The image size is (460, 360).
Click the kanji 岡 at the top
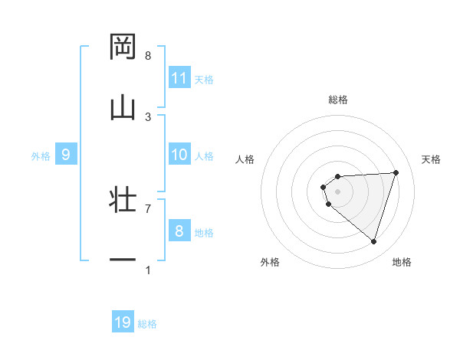[123, 47]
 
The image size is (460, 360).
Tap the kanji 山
[123, 107]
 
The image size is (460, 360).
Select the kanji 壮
[123, 200]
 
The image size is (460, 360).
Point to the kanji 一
[123, 260]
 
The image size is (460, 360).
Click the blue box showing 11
[179, 78]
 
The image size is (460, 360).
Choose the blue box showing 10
[179, 155]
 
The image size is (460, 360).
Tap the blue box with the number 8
[179, 231]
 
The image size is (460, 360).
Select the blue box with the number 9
[66, 155]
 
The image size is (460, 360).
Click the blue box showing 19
[123, 322]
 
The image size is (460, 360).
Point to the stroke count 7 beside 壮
[148, 208]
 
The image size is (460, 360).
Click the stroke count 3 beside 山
[148, 116]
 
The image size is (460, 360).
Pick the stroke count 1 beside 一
[148, 270]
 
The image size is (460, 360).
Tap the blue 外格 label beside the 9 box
[41, 155]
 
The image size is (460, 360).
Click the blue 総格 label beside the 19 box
[147, 323]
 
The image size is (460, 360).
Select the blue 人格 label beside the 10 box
[204, 155]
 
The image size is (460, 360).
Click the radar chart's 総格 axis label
[337, 100]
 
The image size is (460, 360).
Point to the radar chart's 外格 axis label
[270, 262]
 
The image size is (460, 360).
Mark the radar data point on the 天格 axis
[396, 172]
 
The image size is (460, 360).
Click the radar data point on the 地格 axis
[373, 241]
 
